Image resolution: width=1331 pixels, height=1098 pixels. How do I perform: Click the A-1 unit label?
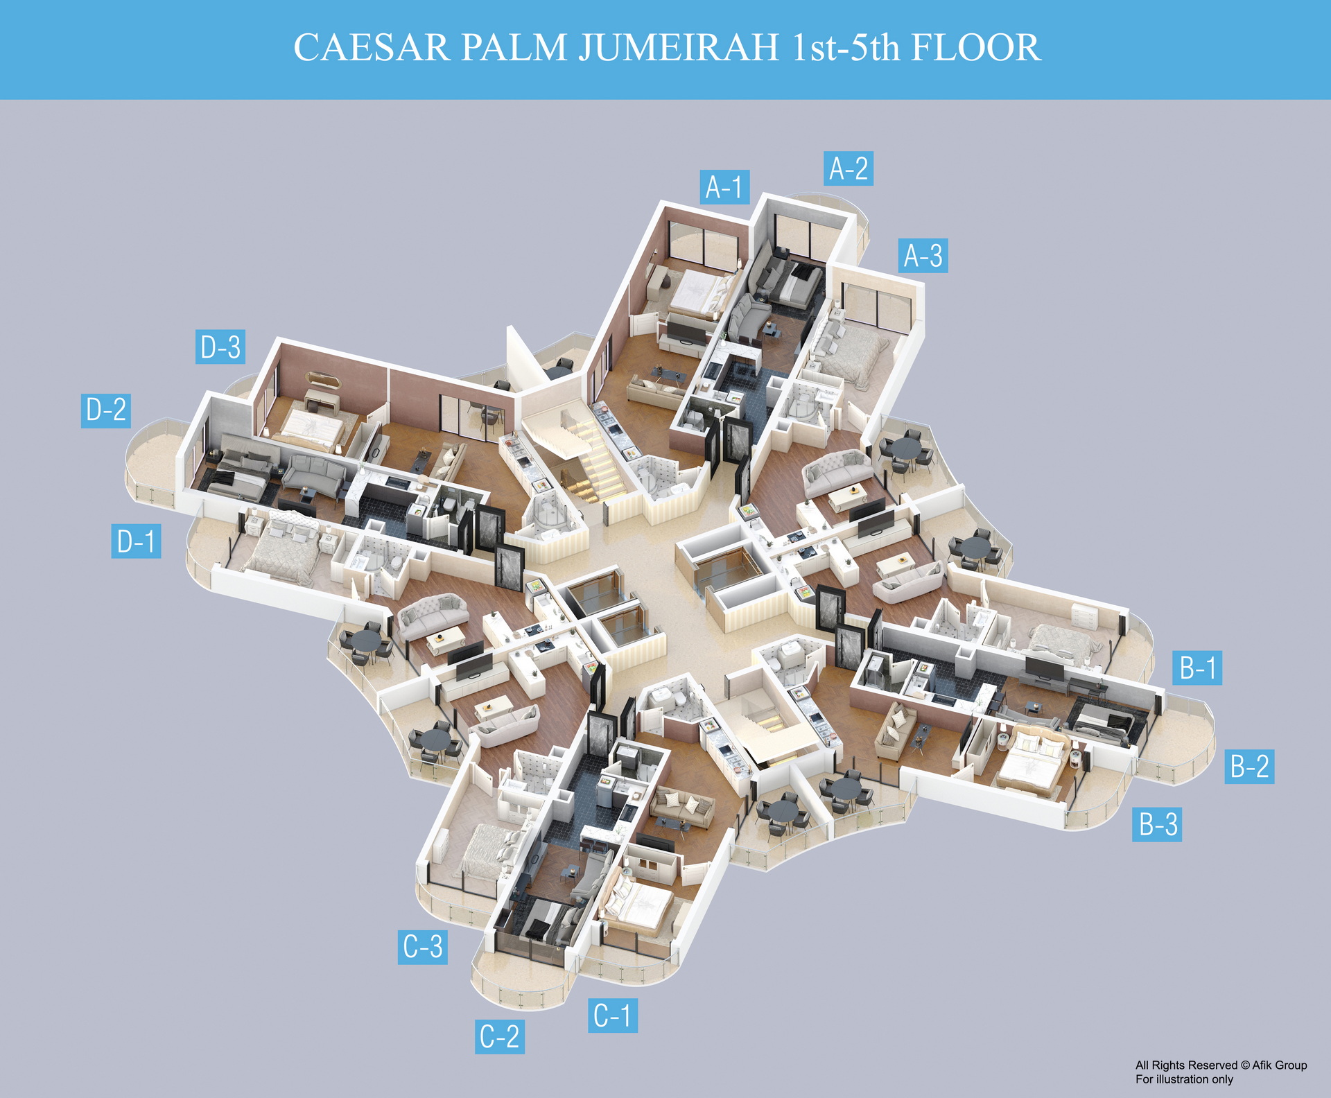point(724,187)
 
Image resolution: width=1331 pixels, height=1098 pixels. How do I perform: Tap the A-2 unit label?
point(848,168)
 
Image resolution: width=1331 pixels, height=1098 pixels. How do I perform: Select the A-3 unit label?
point(923,256)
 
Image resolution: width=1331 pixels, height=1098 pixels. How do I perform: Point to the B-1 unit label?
point(1197,668)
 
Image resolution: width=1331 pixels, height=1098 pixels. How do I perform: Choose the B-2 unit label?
point(1249,767)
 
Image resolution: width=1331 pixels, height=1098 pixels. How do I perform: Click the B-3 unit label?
point(1157,824)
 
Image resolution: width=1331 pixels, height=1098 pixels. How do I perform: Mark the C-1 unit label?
point(612,1016)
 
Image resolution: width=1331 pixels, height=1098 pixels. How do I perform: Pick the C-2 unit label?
point(499,1036)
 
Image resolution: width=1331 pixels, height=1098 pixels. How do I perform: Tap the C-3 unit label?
point(422,946)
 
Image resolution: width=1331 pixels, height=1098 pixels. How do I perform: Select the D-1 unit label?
point(136,541)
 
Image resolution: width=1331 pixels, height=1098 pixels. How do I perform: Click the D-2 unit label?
point(105,410)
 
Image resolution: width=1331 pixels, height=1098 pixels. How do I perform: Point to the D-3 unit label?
point(220,347)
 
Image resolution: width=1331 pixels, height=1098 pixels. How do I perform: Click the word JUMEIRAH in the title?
point(679,48)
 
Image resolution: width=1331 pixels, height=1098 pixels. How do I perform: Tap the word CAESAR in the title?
point(372,48)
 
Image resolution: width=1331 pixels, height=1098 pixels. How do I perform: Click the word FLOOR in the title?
point(975,48)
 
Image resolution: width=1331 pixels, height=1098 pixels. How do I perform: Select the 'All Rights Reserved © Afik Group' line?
point(1221,1065)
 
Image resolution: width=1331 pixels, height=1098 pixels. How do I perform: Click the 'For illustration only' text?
point(1184,1079)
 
